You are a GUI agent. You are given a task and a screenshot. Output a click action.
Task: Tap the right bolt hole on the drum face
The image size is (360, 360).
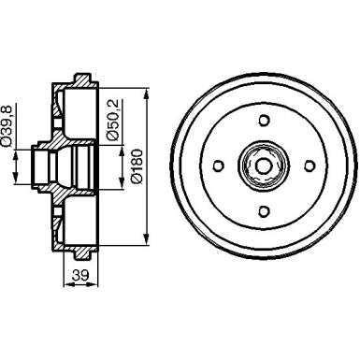pos(307,166)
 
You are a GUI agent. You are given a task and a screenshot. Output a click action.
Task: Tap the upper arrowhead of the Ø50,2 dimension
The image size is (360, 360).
pos(125,145)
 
